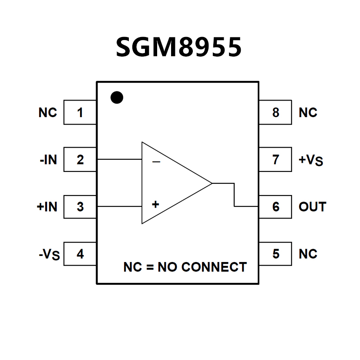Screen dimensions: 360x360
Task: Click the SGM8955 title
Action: (x=178, y=47)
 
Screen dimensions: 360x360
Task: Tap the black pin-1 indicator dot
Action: (x=117, y=98)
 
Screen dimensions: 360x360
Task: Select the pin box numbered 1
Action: (x=80, y=113)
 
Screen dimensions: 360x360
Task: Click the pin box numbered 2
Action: (x=80, y=160)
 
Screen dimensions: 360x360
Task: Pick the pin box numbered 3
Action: (x=80, y=206)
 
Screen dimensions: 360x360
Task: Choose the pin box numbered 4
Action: (x=80, y=253)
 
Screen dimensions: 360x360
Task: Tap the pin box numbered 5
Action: (x=276, y=253)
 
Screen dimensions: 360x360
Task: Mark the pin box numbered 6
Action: (x=276, y=206)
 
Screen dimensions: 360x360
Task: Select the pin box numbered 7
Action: (x=276, y=160)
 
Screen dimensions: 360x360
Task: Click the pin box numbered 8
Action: (x=276, y=113)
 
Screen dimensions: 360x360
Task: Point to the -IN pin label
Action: (x=48, y=160)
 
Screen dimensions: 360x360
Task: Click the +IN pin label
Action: (x=47, y=206)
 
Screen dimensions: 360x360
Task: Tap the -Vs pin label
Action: (x=49, y=254)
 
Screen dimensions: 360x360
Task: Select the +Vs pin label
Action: (x=311, y=161)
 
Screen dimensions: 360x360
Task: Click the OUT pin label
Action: (x=312, y=206)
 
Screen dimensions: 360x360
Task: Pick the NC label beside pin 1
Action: (x=47, y=113)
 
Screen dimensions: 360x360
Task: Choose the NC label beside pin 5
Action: (x=308, y=253)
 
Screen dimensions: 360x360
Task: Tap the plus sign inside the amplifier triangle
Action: (x=155, y=204)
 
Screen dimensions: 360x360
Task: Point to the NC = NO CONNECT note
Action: (x=185, y=267)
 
